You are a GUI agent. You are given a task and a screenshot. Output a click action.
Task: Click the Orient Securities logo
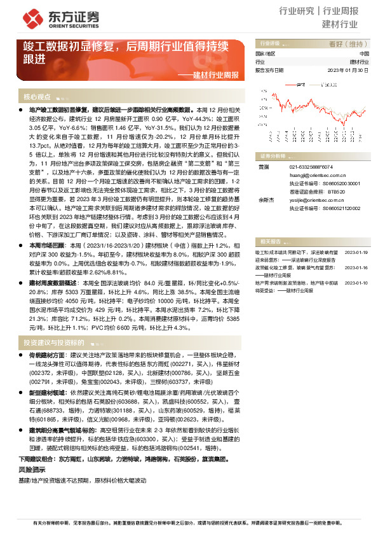coord(55,16)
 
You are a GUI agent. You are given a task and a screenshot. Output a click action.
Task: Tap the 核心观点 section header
coord(37,97)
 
